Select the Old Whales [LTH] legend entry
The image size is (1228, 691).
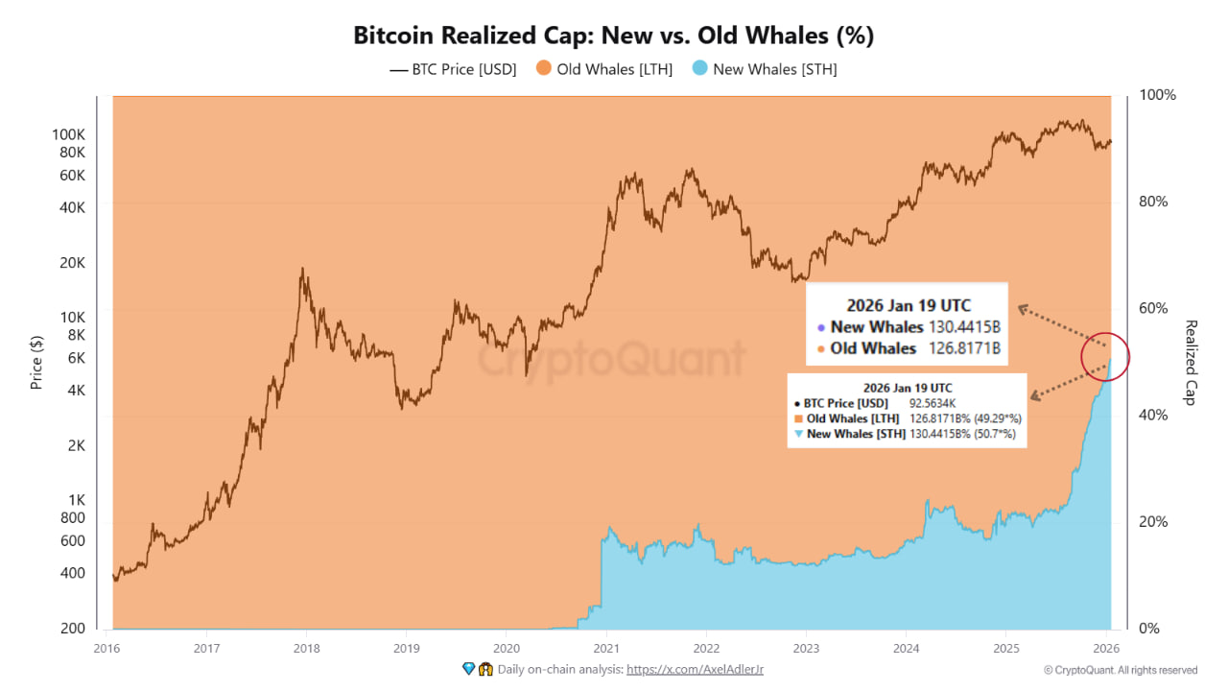(x=604, y=69)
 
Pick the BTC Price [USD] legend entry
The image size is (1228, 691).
(x=453, y=69)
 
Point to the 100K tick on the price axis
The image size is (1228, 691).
(x=70, y=134)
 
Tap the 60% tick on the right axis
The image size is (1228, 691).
(x=1153, y=308)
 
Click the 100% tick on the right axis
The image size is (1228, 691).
(x=1156, y=95)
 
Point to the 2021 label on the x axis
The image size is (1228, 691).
(x=605, y=647)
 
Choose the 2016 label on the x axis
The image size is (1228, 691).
(x=106, y=647)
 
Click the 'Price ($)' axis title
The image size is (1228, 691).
(x=36, y=362)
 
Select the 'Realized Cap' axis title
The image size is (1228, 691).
(x=1191, y=362)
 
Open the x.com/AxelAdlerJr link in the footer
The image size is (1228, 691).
(x=695, y=670)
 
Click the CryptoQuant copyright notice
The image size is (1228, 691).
(x=1121, y=670)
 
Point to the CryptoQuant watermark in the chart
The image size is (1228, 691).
(x=612, y=360)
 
